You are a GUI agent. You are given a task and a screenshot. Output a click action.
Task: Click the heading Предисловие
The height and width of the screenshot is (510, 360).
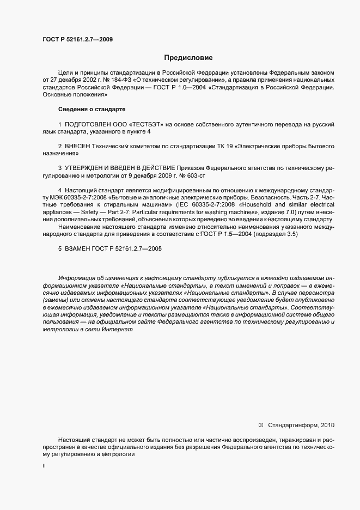[x=188, y=57]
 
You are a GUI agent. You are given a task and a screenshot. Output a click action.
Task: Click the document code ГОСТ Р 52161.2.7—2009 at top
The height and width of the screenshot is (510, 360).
[x=77, y=39]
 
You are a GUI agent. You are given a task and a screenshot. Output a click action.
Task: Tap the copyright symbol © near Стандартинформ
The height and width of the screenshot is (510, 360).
[x=260, y=424]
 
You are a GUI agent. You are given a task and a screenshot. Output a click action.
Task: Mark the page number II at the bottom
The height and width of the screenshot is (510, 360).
[x=44, y=466]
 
